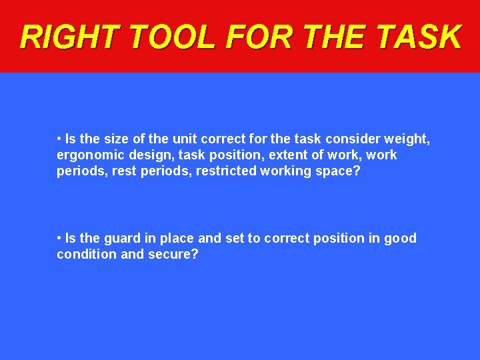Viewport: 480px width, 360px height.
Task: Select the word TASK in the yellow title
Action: point(419,37)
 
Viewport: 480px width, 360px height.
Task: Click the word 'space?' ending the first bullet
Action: point(340,171)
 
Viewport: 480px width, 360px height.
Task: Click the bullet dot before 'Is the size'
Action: point(59,139)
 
